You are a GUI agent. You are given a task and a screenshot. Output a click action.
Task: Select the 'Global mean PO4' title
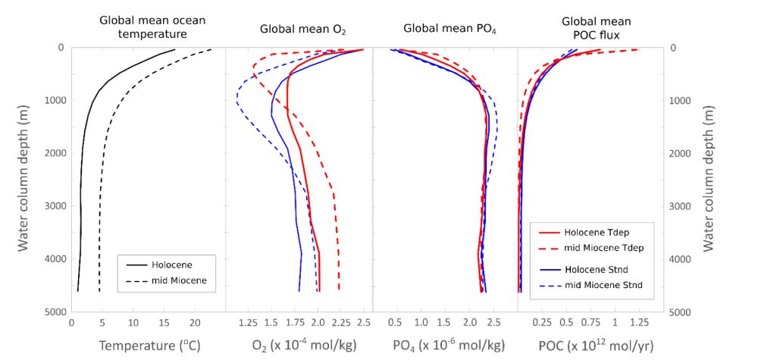click(x=445, y=30)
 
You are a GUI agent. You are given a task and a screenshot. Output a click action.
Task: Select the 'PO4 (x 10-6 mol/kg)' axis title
click(x=449, y=346)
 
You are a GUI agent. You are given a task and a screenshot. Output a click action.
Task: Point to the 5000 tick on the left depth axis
click(x=52, y=311)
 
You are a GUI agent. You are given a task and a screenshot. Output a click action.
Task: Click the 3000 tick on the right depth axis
click(x=688, y=206)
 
